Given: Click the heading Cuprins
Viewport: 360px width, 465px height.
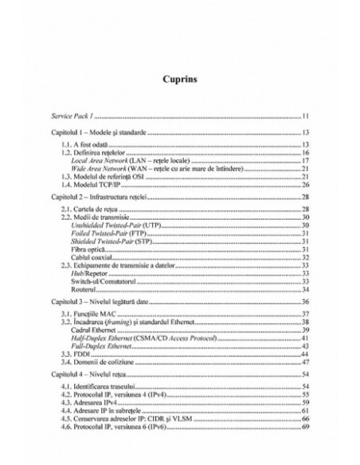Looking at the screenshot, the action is point(180,80).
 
